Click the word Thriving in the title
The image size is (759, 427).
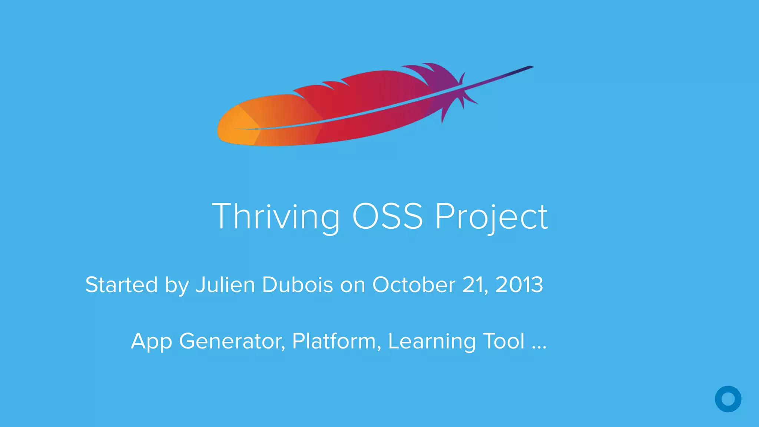[276, 216]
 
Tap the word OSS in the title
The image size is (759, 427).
[387, 216]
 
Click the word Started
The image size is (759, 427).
[122, 285]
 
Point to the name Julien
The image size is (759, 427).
[225, 285]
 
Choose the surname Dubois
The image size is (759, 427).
[298, 285]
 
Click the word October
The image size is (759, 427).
[414, 285]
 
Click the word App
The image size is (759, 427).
[151, 341]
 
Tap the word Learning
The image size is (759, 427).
[432, 341]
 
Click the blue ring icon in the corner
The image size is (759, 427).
[728, 399]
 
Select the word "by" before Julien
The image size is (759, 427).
[177, 285]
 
